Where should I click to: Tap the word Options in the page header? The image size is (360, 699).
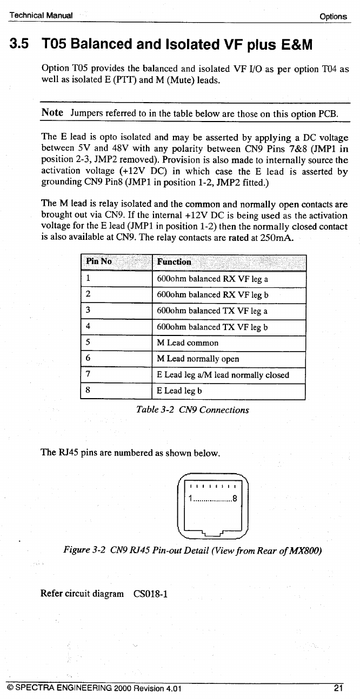click(332, 16)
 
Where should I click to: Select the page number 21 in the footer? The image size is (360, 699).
click(338, 688)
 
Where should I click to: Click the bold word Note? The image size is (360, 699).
click(52, 113)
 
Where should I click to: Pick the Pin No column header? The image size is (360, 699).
click(98, 262)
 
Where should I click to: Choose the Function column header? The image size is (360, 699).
click(174, 262)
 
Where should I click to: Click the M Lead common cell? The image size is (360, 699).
click(188, 343)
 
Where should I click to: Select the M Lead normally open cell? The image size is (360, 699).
click(197, 359)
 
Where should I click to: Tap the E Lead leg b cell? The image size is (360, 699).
click(179, 391)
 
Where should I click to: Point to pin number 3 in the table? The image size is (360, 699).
click(88, 311)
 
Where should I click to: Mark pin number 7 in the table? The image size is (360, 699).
click(88, 374)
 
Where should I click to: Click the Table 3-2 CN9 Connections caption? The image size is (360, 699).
click(193, 410)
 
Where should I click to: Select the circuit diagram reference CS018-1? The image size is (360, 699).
click(150, 594)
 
